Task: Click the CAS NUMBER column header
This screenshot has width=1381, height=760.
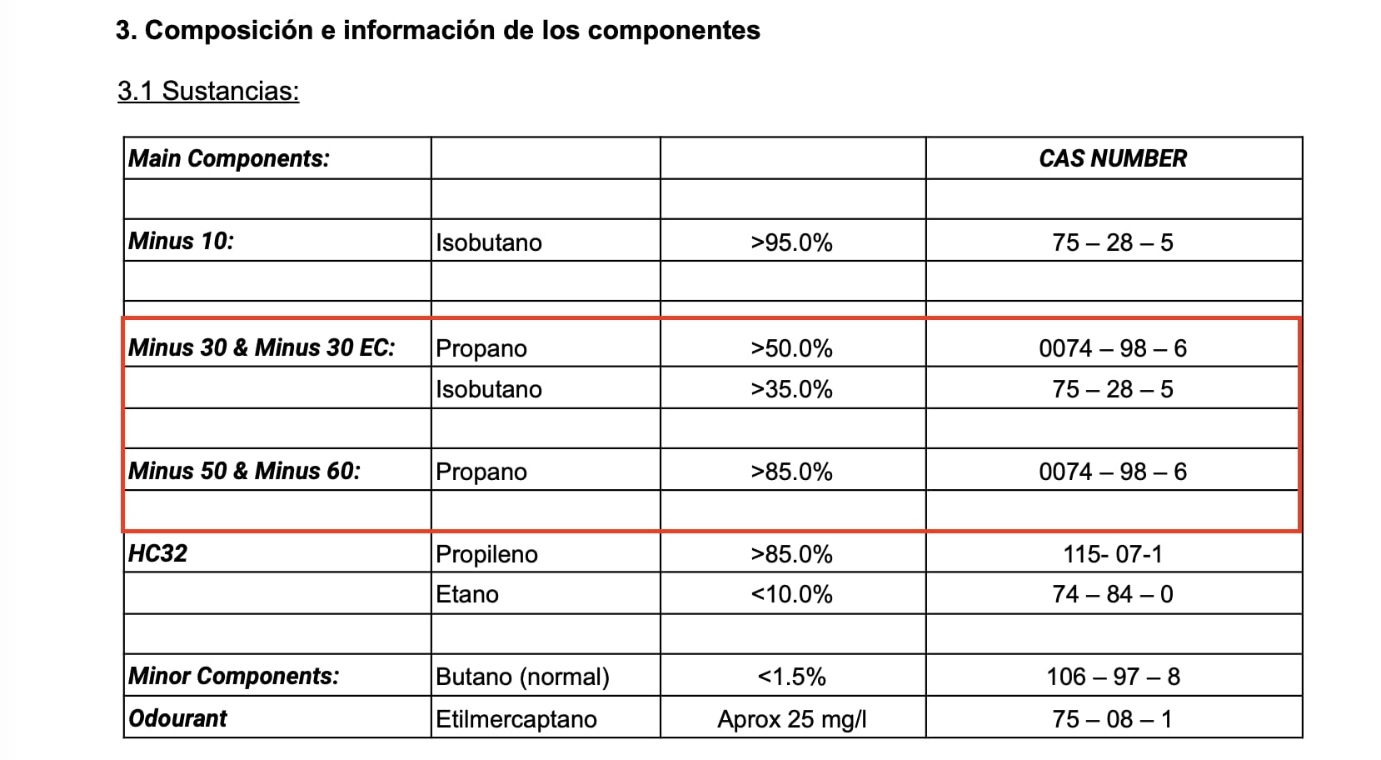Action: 1113,158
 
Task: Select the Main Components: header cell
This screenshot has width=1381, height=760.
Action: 229,158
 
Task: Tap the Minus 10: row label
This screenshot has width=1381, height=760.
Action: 182,241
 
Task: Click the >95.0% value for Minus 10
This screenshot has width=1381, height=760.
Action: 791,242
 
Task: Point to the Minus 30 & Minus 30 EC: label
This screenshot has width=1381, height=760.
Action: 262,348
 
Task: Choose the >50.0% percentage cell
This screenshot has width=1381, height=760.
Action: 791,348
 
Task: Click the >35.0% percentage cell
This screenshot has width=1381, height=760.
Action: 791,389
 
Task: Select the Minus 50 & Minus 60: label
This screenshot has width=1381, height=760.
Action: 244,472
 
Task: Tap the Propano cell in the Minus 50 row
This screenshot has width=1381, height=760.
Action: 481,472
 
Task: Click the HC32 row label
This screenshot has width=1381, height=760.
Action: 157,553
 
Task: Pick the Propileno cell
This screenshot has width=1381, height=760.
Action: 487,554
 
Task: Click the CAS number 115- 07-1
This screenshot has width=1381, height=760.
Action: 1113,554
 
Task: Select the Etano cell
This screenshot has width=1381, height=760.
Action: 467,594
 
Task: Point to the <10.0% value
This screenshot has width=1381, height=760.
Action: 791,595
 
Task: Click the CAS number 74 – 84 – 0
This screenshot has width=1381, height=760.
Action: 1113,594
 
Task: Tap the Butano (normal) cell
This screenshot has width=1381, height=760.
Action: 523,677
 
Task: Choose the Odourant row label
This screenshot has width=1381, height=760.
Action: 177,718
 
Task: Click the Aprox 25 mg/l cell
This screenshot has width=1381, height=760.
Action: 791,719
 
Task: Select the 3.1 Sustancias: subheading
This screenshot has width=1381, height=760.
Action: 208,92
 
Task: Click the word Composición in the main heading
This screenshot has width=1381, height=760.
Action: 229,31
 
